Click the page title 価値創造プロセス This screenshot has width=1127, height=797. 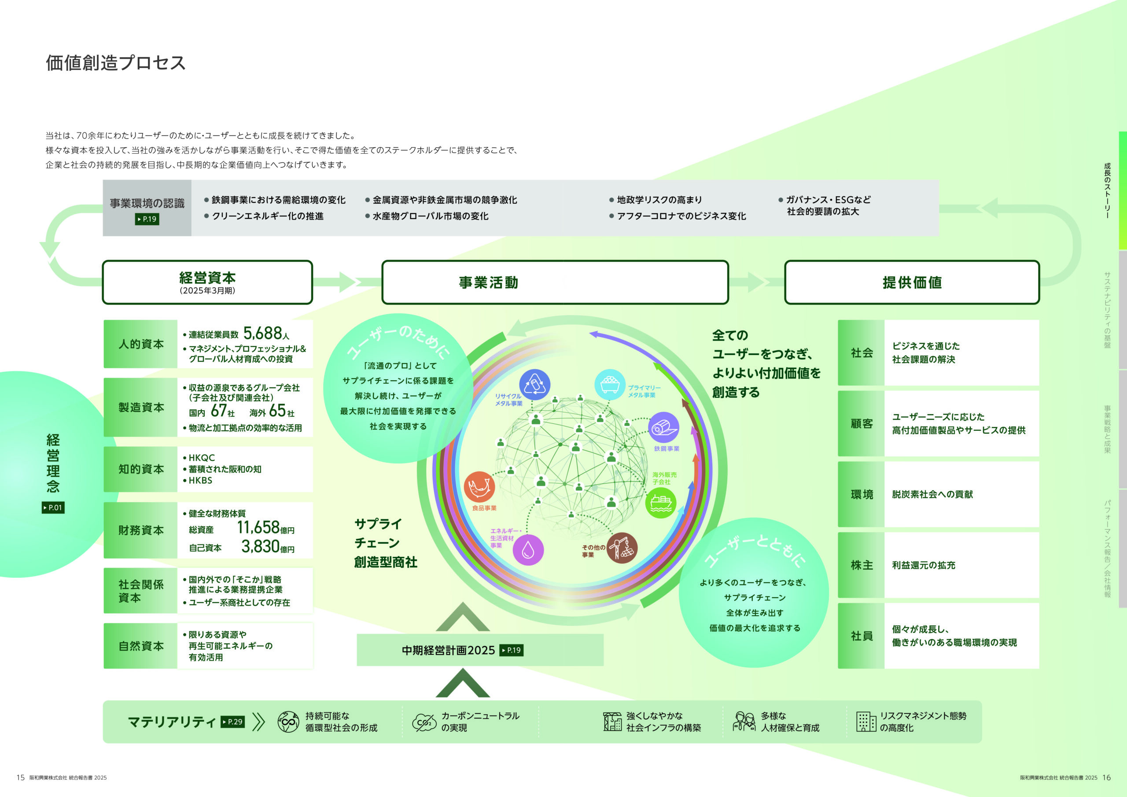[x=116, y=63]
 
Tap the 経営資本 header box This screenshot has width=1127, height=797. [x=207, y=282]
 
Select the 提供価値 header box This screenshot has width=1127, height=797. [x=912, y=282]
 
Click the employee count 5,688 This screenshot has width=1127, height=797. [x=263, y=333]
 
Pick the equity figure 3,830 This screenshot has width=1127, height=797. [x=260, y=546]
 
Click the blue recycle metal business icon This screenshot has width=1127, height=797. [x=534, y=384]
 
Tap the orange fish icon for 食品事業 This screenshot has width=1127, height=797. [x=479, y=487]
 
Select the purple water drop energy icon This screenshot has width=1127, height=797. [x=528, y=550]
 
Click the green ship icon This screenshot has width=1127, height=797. [x=661, y=503]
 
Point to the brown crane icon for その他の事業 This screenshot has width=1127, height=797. [x=622, y=548]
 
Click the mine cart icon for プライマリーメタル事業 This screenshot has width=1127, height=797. [x=610, y=384]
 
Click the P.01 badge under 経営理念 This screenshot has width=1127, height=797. [x=53, y=507]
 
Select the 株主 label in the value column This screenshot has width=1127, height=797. [x=862, y=566]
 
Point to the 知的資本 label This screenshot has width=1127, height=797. [x=141, y=469]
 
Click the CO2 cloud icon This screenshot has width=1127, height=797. [x=424, y=722]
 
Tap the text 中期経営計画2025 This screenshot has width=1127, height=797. [x=448, y=650]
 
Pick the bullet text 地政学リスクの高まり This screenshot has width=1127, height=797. [x=659, y=200]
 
